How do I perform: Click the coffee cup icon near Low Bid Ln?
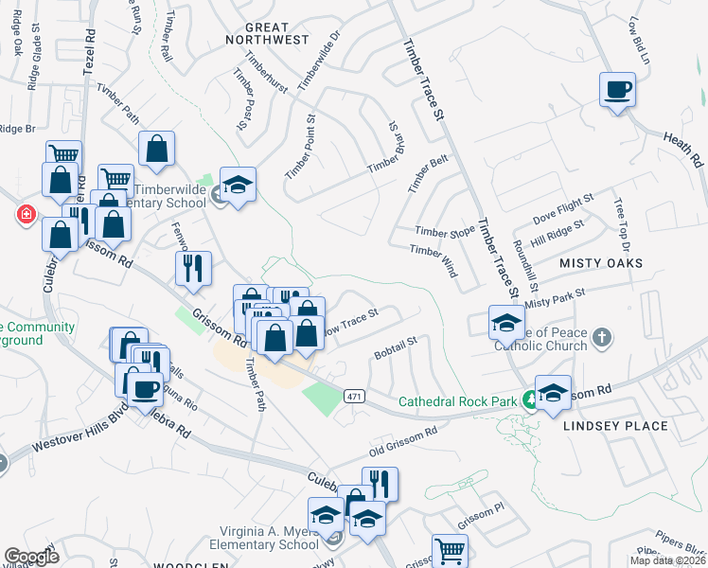[x=617, y=91]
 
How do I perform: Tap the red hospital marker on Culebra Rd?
[x=25, y=215]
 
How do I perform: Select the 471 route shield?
[x=354, y=394]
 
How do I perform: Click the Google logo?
[x=32, y=557]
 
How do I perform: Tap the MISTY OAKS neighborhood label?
[x=601, y=262]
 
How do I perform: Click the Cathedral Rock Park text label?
[x=457, y=401]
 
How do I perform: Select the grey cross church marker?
[x=601, y=337]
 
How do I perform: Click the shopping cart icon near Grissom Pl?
[x=450, y=550]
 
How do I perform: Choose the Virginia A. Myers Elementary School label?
[x=256, y=537]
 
